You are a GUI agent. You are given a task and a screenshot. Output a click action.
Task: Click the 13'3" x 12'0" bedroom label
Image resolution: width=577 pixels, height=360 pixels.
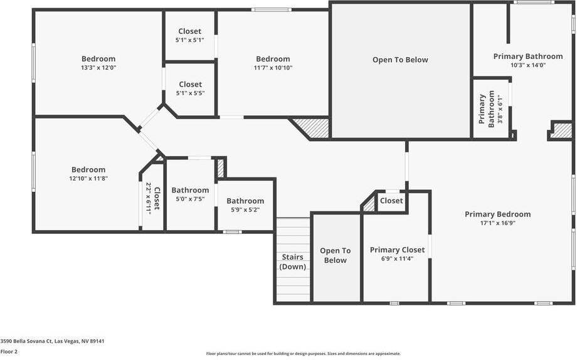click(x=98, y=63)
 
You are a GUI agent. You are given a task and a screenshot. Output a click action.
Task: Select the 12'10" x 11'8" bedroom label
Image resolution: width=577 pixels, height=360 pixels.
click(x=88, y=174)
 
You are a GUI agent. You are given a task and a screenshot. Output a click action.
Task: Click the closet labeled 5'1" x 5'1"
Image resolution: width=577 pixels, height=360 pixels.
click(x=189, y=36)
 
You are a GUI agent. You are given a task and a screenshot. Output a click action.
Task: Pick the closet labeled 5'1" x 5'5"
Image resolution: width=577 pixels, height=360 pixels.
click(x=190, y=88)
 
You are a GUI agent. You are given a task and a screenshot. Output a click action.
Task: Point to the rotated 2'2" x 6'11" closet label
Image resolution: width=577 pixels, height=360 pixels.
click(x=152, y=199)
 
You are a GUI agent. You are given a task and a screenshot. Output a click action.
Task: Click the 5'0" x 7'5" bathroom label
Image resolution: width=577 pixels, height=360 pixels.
click(x=190, y=194)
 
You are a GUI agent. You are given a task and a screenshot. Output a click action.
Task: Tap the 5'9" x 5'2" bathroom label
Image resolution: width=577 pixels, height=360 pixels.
click(x=245, y=205)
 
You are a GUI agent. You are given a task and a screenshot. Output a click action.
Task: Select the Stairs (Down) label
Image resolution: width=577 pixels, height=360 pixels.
click(x=293, y=262)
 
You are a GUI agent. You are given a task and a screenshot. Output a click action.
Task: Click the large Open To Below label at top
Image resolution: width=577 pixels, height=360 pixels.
click(x=400, y=60)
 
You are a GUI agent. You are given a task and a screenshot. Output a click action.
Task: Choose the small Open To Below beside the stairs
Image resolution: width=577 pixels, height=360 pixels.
click(x=336, y=255)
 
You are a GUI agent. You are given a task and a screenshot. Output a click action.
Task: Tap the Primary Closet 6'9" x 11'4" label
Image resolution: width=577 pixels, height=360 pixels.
click(x=397, y=254)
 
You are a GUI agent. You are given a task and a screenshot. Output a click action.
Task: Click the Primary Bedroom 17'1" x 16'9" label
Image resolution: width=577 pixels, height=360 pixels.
click(x=497, y=218)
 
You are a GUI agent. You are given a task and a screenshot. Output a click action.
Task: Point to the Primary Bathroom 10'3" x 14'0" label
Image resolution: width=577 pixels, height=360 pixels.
click(x=527, y=60)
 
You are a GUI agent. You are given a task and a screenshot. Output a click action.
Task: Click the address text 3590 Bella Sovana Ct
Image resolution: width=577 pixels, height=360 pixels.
click(x=52, y=341)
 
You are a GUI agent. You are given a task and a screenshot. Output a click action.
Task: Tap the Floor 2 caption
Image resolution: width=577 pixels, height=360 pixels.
click(x=9, y=352)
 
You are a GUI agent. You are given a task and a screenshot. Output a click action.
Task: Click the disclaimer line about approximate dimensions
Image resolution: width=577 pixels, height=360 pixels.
click(x=303, y=354)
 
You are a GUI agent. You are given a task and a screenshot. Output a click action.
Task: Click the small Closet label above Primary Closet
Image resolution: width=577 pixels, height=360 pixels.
click(x=391, y=201)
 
